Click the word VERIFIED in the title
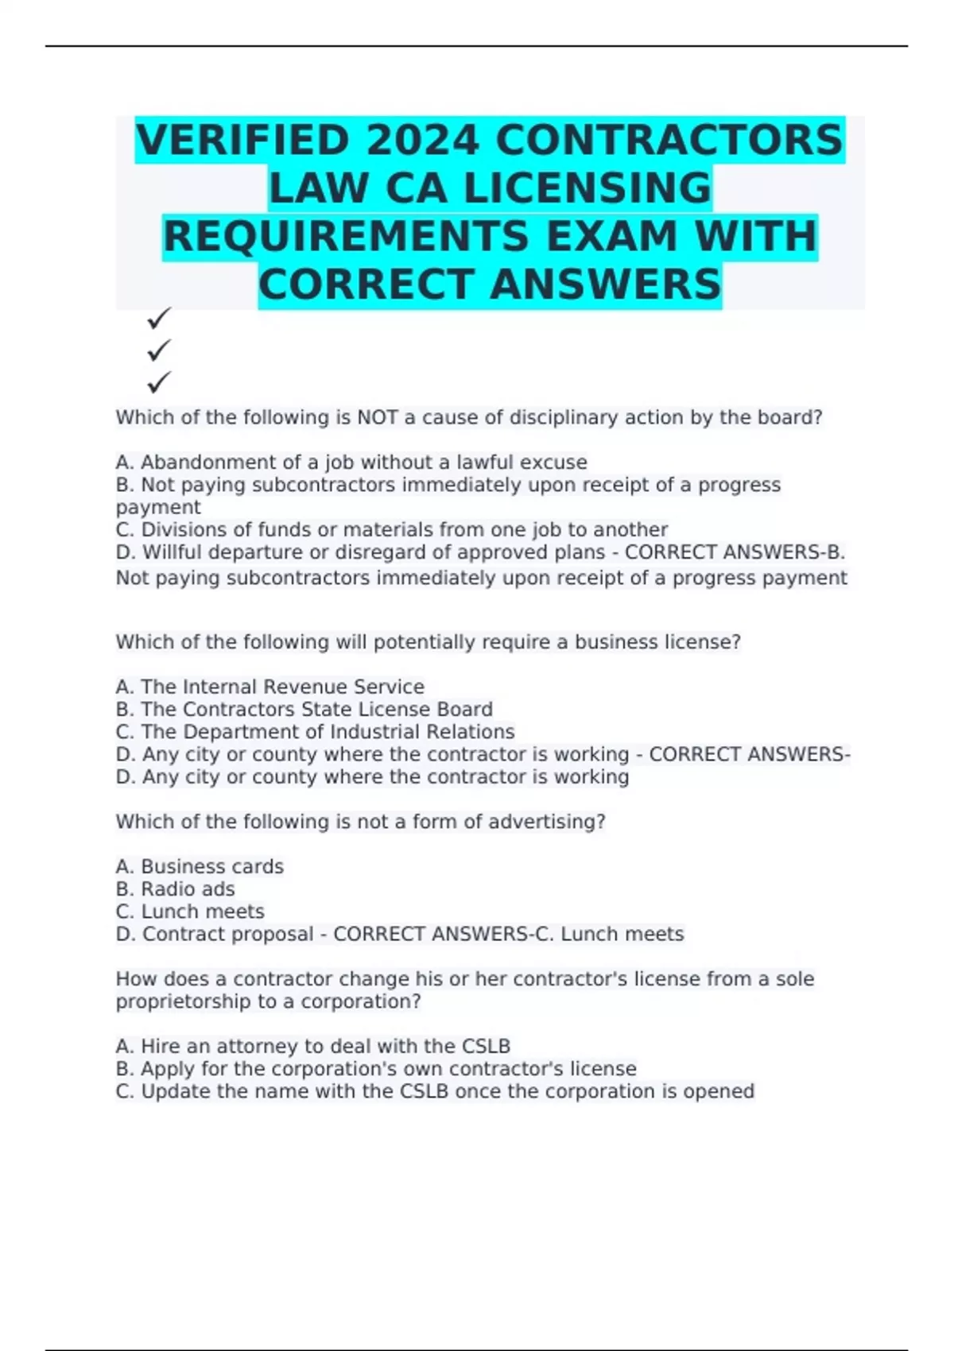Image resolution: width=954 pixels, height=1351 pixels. coord(243,141)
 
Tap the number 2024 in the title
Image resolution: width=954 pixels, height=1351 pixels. coord(422,141)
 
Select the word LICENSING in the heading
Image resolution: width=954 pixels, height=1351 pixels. coord(588,189)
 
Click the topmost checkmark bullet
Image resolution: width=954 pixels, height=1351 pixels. coord(159,319)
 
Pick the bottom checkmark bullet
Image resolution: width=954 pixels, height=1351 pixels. coord(159,382)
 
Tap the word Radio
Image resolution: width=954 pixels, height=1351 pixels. coord(167,889)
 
